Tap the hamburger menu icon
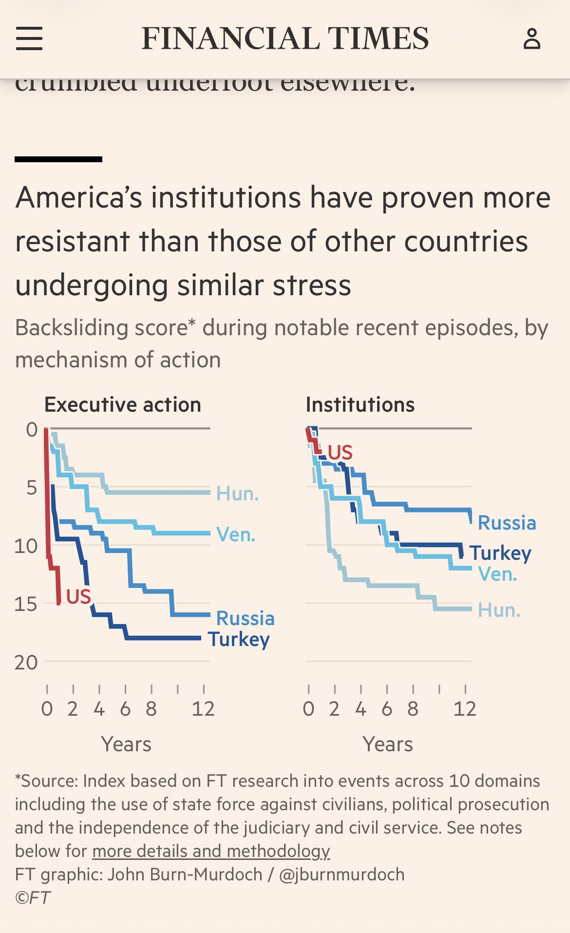pos(29,38)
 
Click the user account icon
pos(532,38)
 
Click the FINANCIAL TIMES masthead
pos(285,38)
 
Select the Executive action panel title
pos(123,405)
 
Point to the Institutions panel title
pos(360,405)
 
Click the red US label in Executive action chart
pos(78,596)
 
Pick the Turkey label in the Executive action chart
pos(239,639)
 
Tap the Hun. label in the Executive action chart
pos(237,494)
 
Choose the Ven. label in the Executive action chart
pos(236,535)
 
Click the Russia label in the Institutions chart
pos(507,523)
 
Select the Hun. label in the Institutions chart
pos(499,610)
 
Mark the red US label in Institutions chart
pos(340,453)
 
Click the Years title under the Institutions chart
pos(388,744)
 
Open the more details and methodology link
pos(211,851)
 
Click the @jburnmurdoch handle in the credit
pos(342,874)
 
